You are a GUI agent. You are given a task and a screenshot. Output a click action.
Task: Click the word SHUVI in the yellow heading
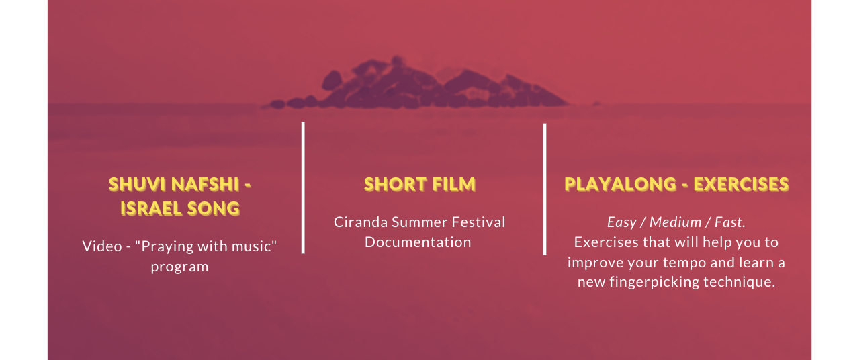coord(137,185)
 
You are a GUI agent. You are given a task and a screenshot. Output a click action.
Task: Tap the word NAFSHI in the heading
coord(206,185)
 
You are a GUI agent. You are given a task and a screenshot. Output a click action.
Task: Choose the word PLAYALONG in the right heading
coord(620,185)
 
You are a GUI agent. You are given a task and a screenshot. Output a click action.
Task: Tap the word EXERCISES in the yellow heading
coord(741,185)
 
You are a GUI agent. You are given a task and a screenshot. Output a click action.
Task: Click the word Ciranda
coord(361,222)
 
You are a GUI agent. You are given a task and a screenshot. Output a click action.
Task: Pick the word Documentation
coord(418,242)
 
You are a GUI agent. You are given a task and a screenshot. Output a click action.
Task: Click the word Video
coord(102,246)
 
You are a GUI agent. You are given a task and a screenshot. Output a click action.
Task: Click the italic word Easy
coord(622,223)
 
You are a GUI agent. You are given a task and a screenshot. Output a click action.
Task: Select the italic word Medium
coord(675,222)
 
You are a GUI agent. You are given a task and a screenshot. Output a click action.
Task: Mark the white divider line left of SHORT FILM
coord(303,187)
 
